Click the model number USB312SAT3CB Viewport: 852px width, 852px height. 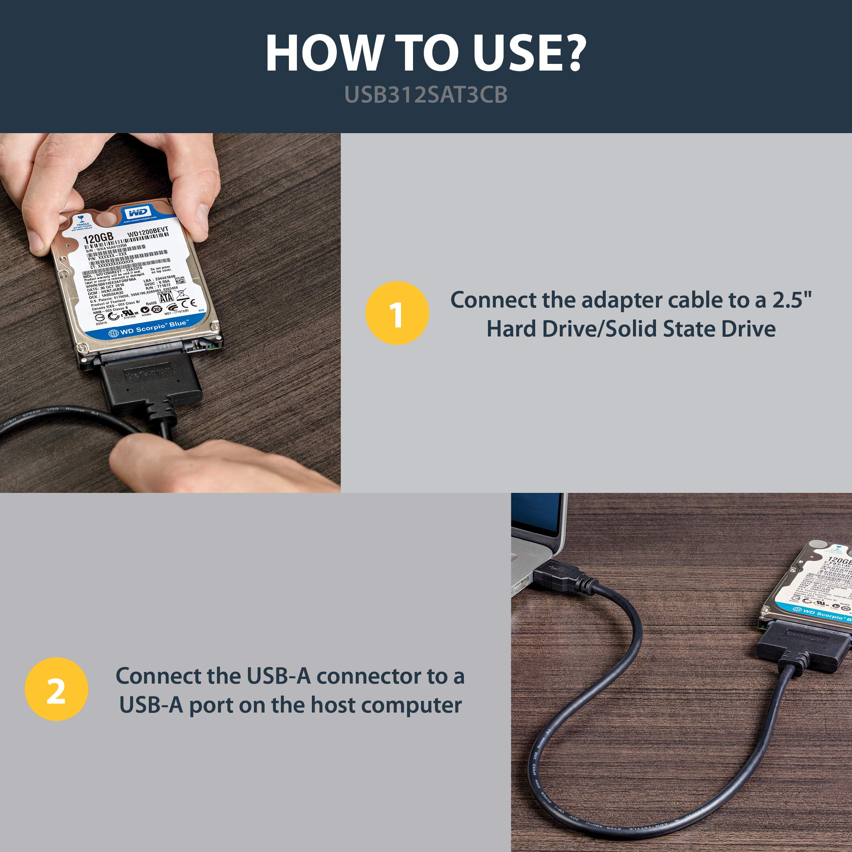426,95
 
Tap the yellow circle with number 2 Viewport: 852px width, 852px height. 57,689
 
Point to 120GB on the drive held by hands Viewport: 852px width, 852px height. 98,238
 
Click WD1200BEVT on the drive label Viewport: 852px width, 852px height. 148,232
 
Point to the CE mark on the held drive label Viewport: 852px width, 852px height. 188,304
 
